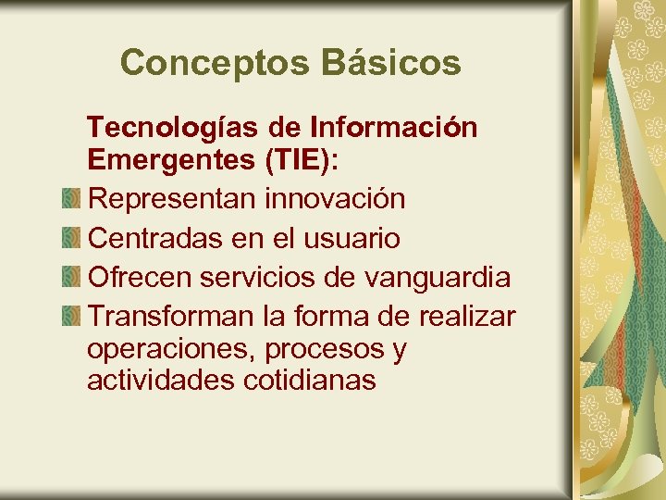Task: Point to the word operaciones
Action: (171, 350)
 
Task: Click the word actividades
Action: (161, 381)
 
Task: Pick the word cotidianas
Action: (310, 381)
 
